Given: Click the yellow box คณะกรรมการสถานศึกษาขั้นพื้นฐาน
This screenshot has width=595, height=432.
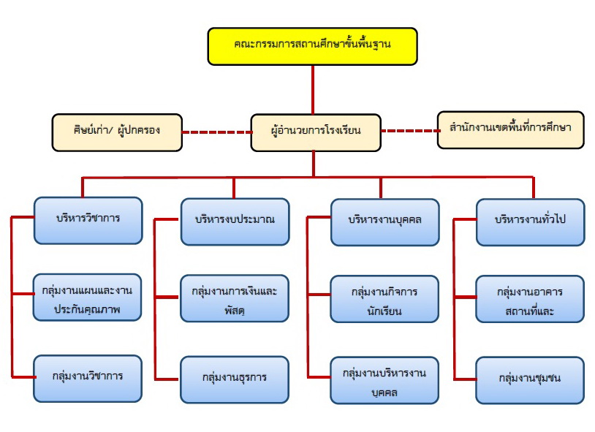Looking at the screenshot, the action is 312,46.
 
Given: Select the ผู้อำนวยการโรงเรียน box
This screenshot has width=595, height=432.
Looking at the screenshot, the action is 316,132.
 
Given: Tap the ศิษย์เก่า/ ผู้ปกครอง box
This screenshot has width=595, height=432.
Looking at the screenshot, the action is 117,132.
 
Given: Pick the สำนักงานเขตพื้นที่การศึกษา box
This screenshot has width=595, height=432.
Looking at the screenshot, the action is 510,129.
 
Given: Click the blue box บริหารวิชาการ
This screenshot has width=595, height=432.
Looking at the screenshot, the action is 88,220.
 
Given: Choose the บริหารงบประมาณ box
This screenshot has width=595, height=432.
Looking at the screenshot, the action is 235,221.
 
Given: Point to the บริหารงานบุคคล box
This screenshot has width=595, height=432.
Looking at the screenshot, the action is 384,222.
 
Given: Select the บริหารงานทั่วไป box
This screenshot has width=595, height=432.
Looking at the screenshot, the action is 530,222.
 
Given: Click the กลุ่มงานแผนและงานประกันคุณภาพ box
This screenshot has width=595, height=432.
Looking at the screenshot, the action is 87,298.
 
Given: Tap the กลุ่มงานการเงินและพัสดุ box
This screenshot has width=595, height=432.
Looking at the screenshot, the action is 235,298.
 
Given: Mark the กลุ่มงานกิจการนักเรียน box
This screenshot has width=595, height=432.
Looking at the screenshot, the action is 384,299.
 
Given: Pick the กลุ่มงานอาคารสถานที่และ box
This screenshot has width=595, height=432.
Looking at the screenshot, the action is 530,299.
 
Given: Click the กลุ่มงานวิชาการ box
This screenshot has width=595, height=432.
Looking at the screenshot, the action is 87,379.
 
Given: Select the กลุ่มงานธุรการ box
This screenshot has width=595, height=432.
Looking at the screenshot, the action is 235,379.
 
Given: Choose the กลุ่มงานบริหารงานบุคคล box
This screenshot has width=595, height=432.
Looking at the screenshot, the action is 384,380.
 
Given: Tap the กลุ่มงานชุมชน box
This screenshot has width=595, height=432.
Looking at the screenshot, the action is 530,380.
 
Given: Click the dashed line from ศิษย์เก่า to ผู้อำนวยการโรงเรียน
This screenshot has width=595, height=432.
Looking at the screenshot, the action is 216,132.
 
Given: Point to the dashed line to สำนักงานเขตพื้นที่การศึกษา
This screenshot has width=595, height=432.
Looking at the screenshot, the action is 409,131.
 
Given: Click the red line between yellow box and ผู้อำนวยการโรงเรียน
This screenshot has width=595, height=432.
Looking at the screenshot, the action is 313,90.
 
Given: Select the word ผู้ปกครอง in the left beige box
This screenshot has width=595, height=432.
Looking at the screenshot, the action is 138,130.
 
